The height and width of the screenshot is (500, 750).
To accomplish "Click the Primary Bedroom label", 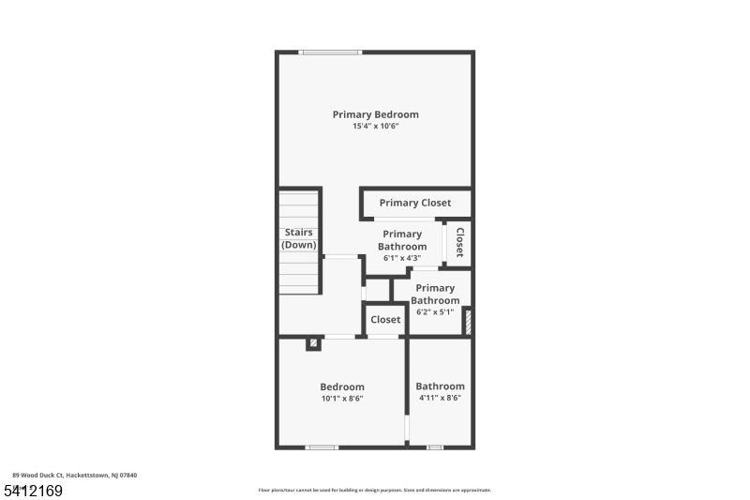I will click(x=375, y=114).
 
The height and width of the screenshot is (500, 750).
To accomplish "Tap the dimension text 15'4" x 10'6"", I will click(x=375, y=127).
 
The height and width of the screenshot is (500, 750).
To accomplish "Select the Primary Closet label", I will click(x=414, y=203).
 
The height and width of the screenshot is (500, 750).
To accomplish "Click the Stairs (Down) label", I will click(x=299, y=238).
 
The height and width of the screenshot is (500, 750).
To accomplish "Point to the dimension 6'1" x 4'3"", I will click(x=401, y=258).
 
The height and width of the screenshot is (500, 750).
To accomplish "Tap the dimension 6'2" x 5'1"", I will click(x=435, y=312).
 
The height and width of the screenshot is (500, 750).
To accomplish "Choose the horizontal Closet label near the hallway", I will click(x=385, y=320).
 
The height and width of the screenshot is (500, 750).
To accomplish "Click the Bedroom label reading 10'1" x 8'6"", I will click(x=342, y=386).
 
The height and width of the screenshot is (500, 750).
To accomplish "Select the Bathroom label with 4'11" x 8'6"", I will click(x=440, y=386).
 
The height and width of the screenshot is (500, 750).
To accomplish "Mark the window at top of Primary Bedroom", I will click(x=330, y=53).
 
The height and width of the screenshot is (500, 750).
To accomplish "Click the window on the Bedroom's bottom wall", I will click(x=322, y=447).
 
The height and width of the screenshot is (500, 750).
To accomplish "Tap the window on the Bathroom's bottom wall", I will click(x=434, y=447).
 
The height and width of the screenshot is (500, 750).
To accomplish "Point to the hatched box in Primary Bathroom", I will click(x=467, y=321).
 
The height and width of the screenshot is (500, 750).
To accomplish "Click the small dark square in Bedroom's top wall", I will click(x=313, y=343).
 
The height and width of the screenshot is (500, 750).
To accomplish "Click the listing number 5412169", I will click(x=33, y=490).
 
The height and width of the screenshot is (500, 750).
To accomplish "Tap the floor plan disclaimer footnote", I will click(x=375, y=490).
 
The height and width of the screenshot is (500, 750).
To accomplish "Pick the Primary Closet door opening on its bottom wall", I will click(x=403, y=219).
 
